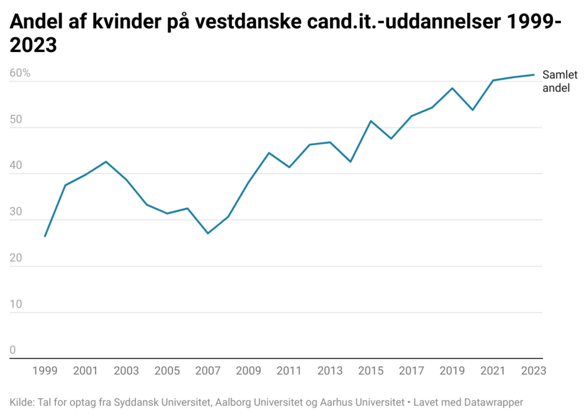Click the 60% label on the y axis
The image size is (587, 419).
click(x=20, y=73)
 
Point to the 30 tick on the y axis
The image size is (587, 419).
click(x=16, y=212)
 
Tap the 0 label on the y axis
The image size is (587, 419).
click(x=12, y=350)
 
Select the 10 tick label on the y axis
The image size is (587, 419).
click(x=16, y=304)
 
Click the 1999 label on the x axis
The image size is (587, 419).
click(x=45, y=371)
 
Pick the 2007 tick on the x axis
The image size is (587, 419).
click(x=207, y=371)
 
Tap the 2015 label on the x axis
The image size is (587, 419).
click(x=370, y=371)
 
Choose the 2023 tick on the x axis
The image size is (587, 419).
click(x=533, y=371)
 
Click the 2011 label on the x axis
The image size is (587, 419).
click(x=289, y=371)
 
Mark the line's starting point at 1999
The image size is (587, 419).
click(x=45, y=236)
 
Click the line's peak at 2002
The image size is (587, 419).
click(x=106, y=162)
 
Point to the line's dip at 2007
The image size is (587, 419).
click(x=208, y=233)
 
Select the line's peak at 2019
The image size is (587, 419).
click(x=452, y=88)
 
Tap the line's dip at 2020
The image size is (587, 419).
click(x=473, y=110)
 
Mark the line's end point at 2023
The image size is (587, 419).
click(x=534, y=75)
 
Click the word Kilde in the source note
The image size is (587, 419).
click(x=22, y=402)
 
